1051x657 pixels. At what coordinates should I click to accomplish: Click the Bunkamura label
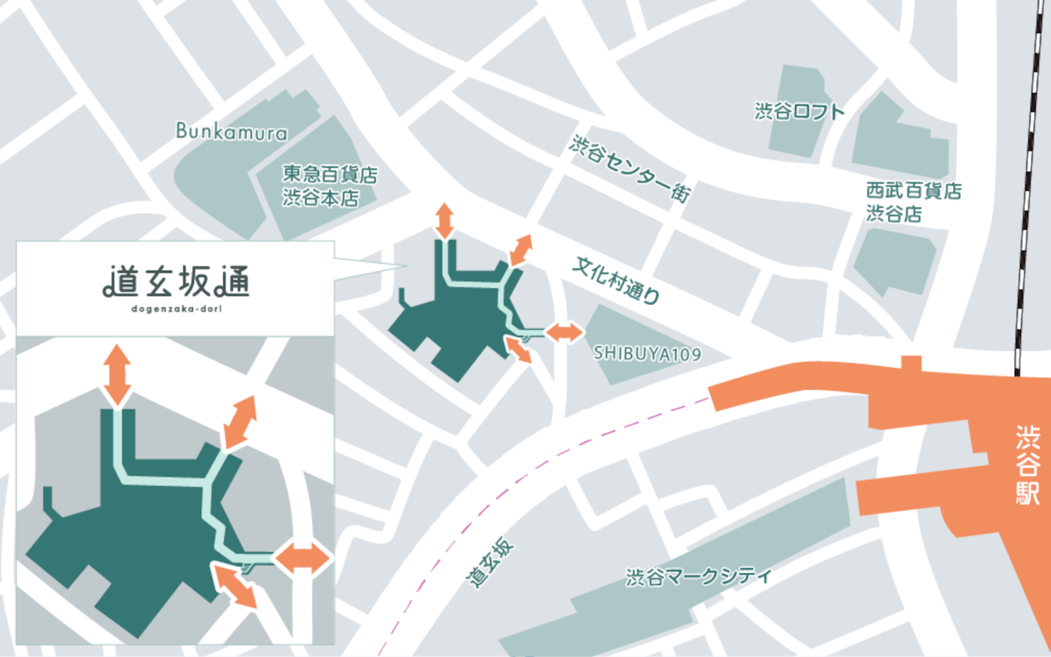pyautogui.click(x=231, y=132)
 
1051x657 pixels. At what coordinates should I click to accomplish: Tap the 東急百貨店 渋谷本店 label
pyautogui.click(x=329, y=186)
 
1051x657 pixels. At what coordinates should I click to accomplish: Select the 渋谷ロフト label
pyautogui.click(x=799, y=112)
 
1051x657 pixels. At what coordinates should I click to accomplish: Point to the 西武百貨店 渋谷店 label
pyautogui.click(x=913, y=202)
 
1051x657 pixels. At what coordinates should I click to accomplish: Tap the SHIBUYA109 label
pyautogui.click(x=647, y=354)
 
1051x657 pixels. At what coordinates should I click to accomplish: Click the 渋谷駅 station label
pyautogui.click(x=1027, y=465)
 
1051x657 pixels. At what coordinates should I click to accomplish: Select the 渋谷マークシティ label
pyautogui.click(x=698, y=577)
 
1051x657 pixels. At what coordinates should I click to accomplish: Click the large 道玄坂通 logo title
pyautogui.click(x=176, y=282)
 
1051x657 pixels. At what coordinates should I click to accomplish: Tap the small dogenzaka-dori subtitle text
pyautogui.click(x=176, y=309)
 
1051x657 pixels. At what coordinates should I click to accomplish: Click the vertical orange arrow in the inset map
pyautogui.click(x=117, y=375)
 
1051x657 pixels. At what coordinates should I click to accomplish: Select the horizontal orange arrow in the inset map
pyautogui.click(x=303, y=559)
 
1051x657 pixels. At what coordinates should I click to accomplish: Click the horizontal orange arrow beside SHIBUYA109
pyautogui.click(x=564, y=332)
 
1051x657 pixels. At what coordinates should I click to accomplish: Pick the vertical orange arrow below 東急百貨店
pyautogui.click(x=444, y=221)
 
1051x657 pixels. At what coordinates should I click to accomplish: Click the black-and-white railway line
pyautogui.click(x=1027, y=192)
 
